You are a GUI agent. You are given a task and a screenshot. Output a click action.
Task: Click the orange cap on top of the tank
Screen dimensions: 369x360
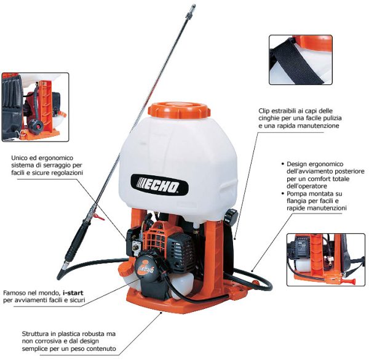179,110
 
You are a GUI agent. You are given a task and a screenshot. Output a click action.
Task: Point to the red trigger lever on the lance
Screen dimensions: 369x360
99,217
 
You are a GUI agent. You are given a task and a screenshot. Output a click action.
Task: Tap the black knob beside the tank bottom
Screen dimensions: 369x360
231,217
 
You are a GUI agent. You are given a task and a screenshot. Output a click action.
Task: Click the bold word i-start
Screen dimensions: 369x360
73,293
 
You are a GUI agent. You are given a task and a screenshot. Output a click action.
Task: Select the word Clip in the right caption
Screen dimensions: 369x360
264,111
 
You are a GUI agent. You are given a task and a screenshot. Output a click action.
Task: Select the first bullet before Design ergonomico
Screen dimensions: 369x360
283,164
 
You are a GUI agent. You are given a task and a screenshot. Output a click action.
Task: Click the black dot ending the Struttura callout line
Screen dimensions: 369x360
161,313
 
